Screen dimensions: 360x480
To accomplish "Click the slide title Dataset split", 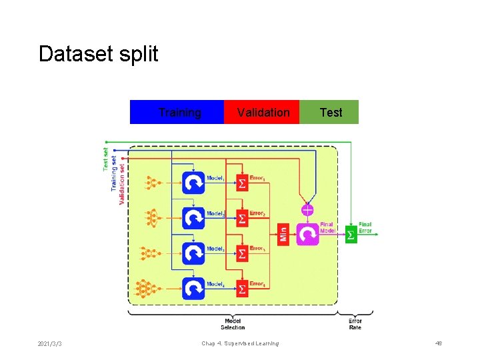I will click(x=98, y=54).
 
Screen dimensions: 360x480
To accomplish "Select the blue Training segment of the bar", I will click(x=177, y=112).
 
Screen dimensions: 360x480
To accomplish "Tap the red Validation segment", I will click(x=262, y=112).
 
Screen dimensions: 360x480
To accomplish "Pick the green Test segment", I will click(x=329, y=112).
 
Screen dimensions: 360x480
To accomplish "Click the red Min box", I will click(x=283, y=234).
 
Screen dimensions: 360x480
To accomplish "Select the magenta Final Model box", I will click(x=308, y=234).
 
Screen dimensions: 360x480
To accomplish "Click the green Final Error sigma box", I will click(x=351, y=235).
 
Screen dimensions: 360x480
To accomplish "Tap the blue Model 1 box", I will click(x=193, y=183).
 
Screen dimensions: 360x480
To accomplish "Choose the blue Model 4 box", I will click(x=193, y=288).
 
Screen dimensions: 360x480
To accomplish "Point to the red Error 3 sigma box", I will click(x=242, y=253).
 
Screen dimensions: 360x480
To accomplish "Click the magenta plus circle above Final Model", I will click(x=307, y=210).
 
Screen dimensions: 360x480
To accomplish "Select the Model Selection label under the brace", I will click(x=233, y=324).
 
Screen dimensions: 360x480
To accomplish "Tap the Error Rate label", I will click(x=355, y=324).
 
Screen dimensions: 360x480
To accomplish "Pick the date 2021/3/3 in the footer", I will click(x=51, y=344).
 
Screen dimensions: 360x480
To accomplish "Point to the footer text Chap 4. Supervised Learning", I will click(x=240, y=343).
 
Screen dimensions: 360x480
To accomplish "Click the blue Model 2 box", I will click(x=193, y=218).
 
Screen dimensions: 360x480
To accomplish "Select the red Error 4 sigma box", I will click(x=242, y=288).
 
